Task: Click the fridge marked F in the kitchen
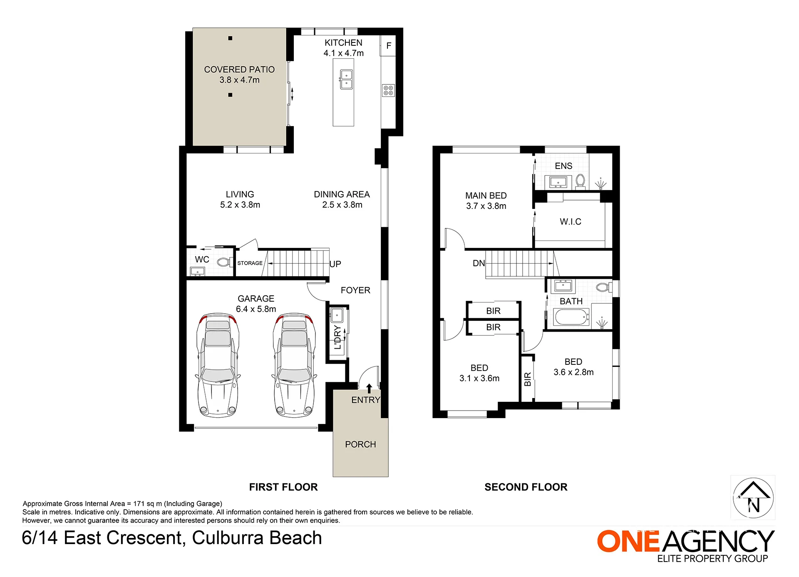[388, 45]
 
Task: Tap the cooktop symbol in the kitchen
[388, 90]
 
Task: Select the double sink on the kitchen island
[346, 79]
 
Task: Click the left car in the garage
[218, 365]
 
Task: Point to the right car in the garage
[294, 365]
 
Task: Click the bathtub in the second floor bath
[571, 317]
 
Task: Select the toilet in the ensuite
[581, 181]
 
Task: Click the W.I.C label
[571, 222]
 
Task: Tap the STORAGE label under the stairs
[250, 263]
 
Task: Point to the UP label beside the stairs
[335, 264]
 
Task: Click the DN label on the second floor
[479, 263]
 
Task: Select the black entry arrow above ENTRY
[369, 388]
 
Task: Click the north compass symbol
[753, 498]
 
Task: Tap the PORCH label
[360, 444]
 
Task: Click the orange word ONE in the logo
[628, 541]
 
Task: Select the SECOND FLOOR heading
[526, 487]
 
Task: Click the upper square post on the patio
[230, 38]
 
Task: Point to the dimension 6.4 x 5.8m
[256, 309]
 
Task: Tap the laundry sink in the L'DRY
[337, 315]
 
